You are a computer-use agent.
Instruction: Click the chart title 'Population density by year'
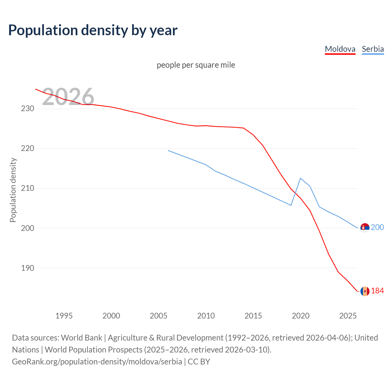tap(93, 30)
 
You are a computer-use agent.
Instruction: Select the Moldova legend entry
tap(340, 49)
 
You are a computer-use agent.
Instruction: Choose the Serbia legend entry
tap(373, 49)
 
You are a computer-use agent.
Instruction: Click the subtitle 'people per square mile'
tap(196, 65)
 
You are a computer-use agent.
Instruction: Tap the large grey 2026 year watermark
tap(68, 97)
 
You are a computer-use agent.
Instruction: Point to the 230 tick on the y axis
tap(28, 108)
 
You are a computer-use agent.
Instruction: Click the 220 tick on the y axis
tap(28, 148)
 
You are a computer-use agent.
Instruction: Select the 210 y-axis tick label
tap(28, 188)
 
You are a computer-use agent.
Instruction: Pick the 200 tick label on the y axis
tap(28, 228)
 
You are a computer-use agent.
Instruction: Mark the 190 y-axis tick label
tap(28, 268)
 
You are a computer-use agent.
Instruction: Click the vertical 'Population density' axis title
tap(13, 190)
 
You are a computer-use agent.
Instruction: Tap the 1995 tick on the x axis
tap(64, 316)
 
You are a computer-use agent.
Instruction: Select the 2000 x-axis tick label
tap(111, 316)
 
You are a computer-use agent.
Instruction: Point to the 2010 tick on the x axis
tap(206, 316)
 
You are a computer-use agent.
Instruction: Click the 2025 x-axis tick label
tap(348, 316)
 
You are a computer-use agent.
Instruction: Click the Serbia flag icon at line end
tap(365, 228)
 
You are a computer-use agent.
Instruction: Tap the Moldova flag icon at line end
tap(365, 291)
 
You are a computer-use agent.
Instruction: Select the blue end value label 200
tap(377, 227)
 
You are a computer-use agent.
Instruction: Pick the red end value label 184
tap(377, 291)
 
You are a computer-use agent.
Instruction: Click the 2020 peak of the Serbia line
tap(300, 178)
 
